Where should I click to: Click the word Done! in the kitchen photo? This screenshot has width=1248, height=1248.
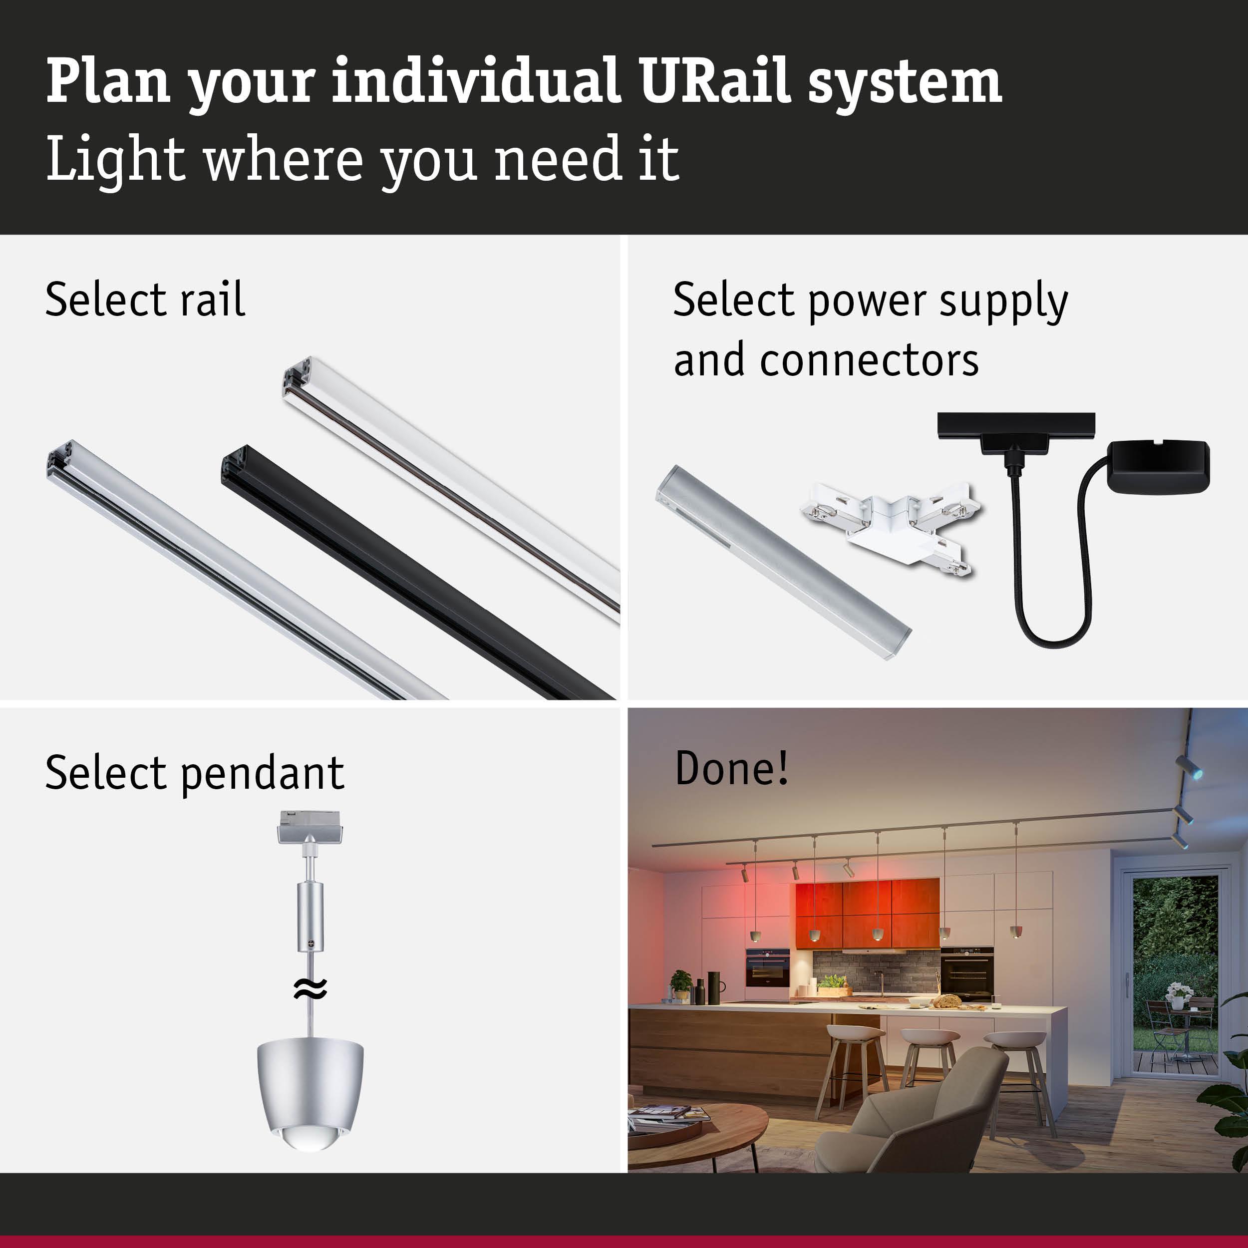[731, 768]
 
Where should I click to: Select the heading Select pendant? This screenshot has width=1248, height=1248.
[194, 773]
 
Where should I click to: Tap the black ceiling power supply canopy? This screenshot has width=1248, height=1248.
[1159, 466]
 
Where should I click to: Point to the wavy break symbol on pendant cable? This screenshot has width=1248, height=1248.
[310, 988]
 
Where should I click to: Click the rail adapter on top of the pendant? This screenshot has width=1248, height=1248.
[310, 826]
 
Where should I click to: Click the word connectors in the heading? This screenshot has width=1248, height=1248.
[869, 360]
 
